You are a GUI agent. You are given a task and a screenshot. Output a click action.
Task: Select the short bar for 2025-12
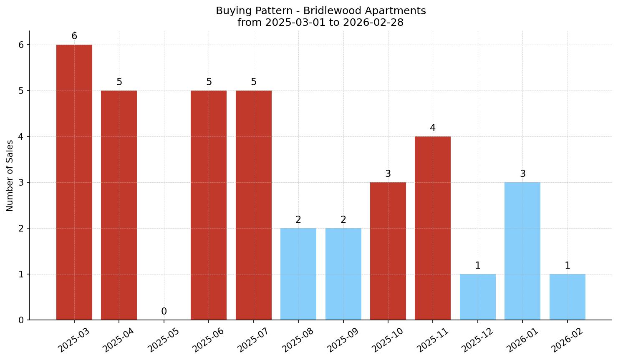click(478, 297)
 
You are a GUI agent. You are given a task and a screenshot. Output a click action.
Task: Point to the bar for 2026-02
click(568, 297)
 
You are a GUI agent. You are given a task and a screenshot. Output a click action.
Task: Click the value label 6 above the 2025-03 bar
click(74, 36)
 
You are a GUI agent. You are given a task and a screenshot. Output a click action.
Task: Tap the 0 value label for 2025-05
click(164, 312)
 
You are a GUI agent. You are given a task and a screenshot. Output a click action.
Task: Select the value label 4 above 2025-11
click(433, 128)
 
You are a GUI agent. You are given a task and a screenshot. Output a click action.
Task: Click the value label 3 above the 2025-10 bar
click(388, 174)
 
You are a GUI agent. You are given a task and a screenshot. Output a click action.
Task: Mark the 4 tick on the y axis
click(21, 137)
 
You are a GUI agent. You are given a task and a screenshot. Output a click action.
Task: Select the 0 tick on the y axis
click(21, 320)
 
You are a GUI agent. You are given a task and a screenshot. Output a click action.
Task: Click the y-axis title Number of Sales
click(10, 176)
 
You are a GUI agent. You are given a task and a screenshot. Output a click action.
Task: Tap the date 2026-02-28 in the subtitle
click(373, 23)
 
